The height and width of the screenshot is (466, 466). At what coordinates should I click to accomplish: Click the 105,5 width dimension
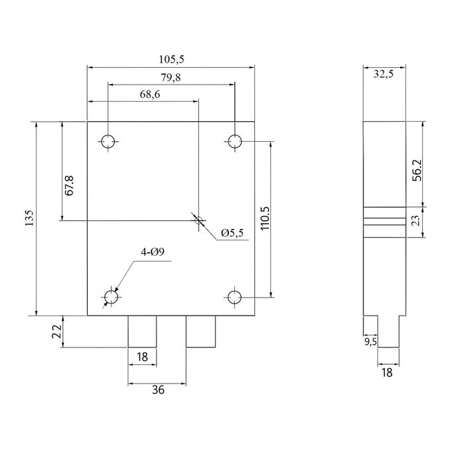[x=172, y=59]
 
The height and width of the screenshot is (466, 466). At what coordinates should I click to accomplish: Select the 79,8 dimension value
[x=171, y=78]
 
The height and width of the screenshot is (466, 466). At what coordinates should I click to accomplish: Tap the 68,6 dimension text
[x=150, y=95]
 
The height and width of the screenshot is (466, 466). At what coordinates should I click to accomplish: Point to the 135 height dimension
[x=29, y=218]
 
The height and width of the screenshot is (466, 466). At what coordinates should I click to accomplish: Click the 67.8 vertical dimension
[x=69, y=186]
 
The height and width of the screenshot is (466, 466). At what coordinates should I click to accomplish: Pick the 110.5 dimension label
[x=265, y=218]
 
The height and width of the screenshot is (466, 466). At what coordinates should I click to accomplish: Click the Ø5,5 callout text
[x=232, y=233]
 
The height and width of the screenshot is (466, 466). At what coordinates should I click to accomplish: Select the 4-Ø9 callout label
[x=152, y=252]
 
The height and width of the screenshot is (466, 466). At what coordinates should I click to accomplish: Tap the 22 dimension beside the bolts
[x=57, y=331]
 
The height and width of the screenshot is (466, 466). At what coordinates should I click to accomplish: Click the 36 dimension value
[x=158, y=389]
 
